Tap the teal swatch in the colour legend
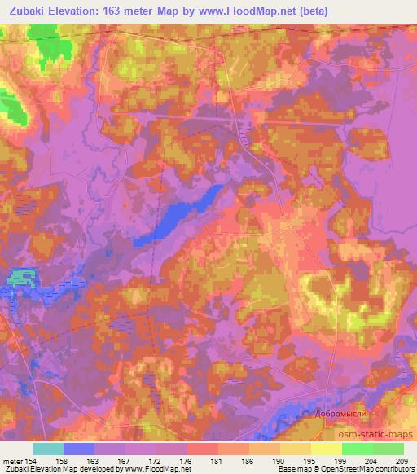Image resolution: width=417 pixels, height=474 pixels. (x=48, y=450)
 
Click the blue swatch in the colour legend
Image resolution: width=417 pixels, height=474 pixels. (x=78, y=450)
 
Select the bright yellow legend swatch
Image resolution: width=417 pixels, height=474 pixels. (x=326, y=450)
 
